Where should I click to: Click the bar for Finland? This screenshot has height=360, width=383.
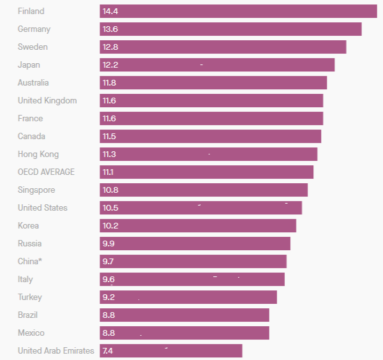coord(238,11)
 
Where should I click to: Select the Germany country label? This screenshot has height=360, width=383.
coord(34,29)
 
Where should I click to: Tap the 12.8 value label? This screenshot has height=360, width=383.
coord(110,47)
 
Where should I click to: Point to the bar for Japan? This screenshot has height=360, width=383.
coord(217,65)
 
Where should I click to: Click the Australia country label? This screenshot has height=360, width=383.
coord(33,83)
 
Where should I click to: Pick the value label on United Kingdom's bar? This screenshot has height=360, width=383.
coord(109,101)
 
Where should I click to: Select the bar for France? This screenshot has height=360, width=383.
coord(211,119)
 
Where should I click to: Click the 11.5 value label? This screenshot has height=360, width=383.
coord(109,137)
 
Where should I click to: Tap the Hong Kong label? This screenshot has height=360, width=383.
coord(38,154)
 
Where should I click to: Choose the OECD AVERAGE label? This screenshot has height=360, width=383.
coord(46,172)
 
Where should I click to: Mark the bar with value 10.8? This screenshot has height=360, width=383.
coord(204,190)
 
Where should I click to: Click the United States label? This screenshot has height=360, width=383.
coord(42,208)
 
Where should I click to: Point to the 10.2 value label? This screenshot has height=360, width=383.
coord(110,226)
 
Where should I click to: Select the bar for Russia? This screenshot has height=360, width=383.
coord(195,244)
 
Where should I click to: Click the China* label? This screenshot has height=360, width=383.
coord(30,262)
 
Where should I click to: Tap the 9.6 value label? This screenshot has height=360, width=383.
coord(109,280)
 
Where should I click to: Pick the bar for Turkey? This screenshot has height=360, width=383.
coord(188,297)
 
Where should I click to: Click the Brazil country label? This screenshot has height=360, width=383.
coord(27,315)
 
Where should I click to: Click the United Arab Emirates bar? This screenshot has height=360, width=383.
coord(171,351)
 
